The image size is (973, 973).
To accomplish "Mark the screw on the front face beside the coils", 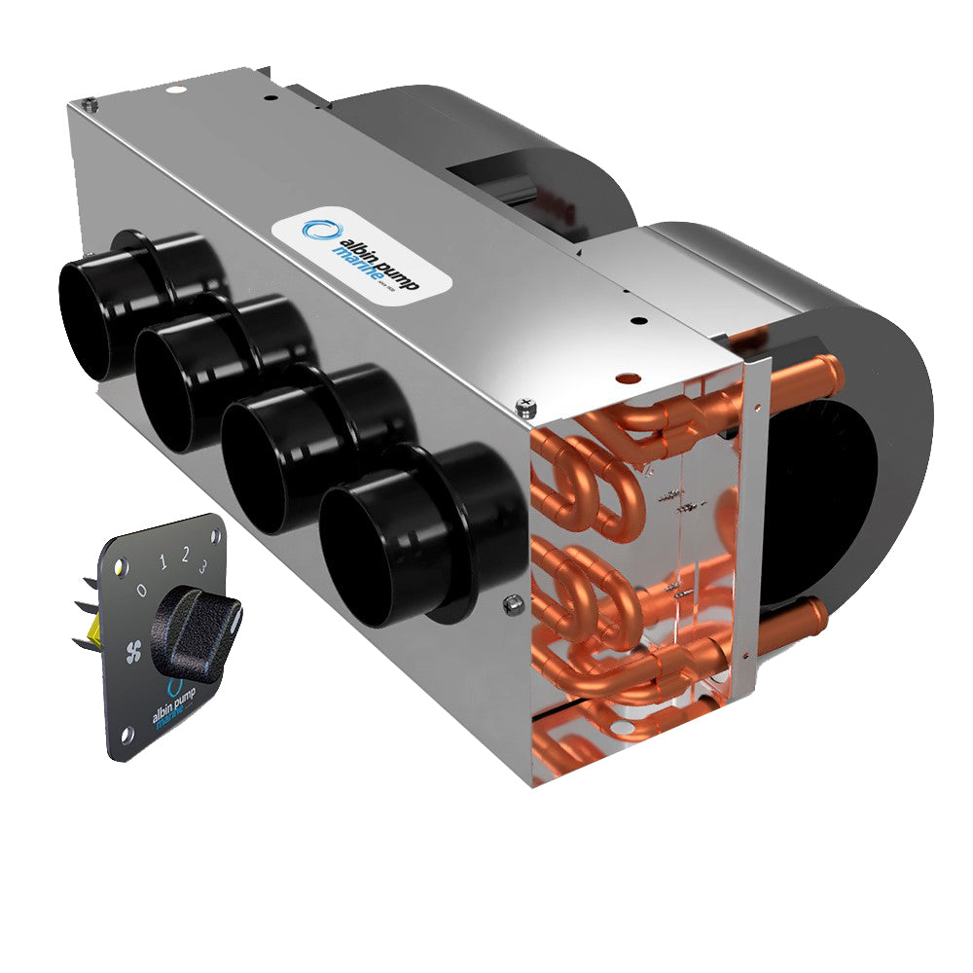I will coord(508,605).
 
